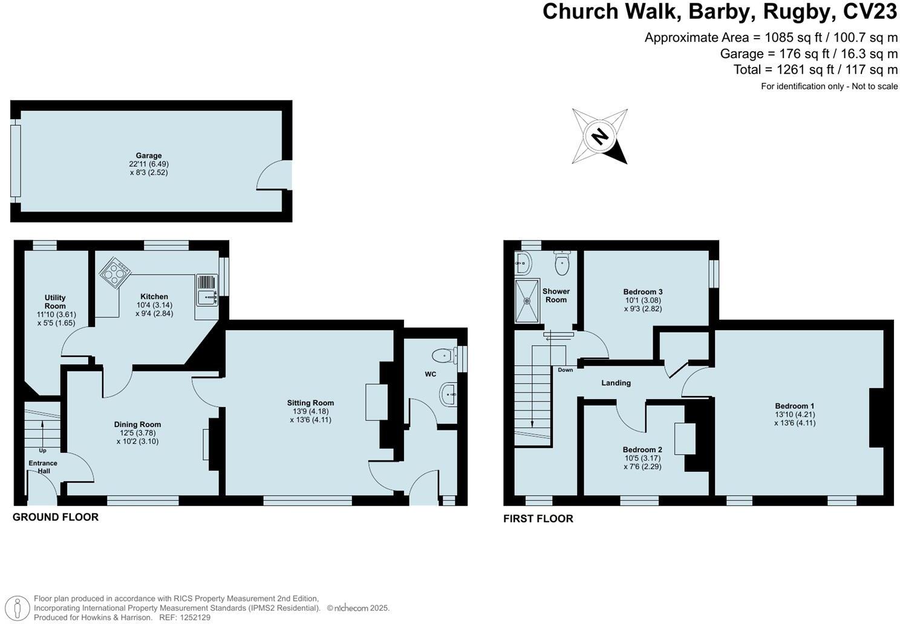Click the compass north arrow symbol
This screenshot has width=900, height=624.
599,136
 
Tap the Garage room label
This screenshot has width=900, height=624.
148,155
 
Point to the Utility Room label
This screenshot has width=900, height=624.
55,302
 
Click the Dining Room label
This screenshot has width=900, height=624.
137,424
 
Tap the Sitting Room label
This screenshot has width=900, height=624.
310,403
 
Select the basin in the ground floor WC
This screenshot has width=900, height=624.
449,395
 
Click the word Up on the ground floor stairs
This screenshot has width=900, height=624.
42,450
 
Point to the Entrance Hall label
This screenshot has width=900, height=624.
43,467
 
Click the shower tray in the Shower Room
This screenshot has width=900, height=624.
527,301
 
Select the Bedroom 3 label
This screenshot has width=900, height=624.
643,292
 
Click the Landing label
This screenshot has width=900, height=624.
616,383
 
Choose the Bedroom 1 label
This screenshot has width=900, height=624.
795,406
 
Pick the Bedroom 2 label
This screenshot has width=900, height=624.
642,450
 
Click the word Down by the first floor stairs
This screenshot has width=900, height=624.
566,370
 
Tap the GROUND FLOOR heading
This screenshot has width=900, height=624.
56,517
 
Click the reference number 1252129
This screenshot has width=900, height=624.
194,617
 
